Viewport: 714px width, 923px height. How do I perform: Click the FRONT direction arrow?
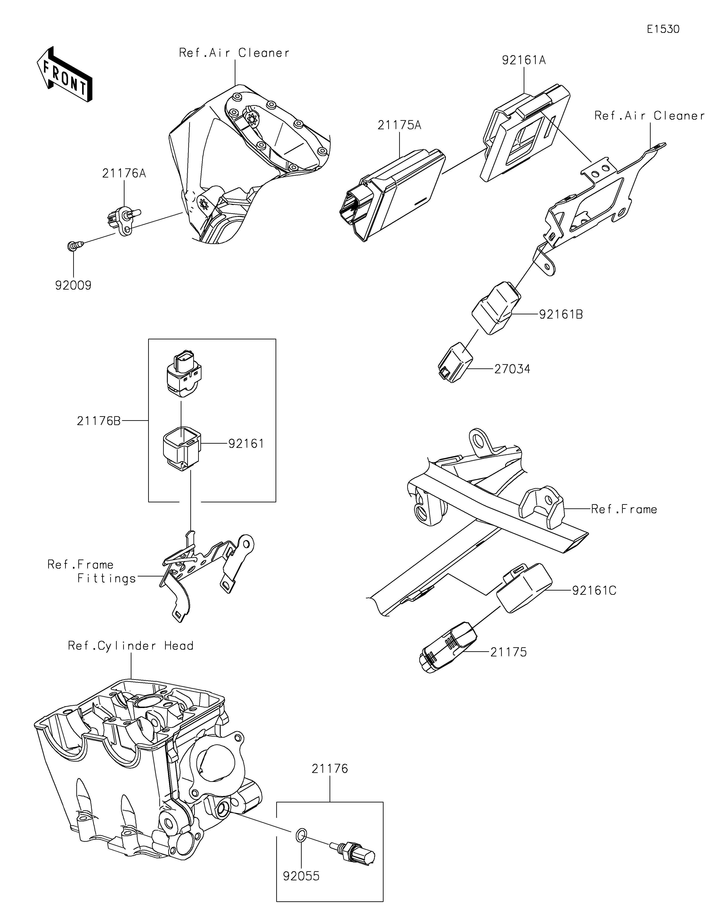click(x=64, y=75)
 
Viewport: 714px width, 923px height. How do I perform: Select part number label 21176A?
click(x=124, y=173)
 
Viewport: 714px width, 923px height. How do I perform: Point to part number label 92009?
click(x=73, y=286)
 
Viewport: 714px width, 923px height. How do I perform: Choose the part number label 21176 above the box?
click(x=330, y=769)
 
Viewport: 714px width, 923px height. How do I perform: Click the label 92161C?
click(x=594, y=590)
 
